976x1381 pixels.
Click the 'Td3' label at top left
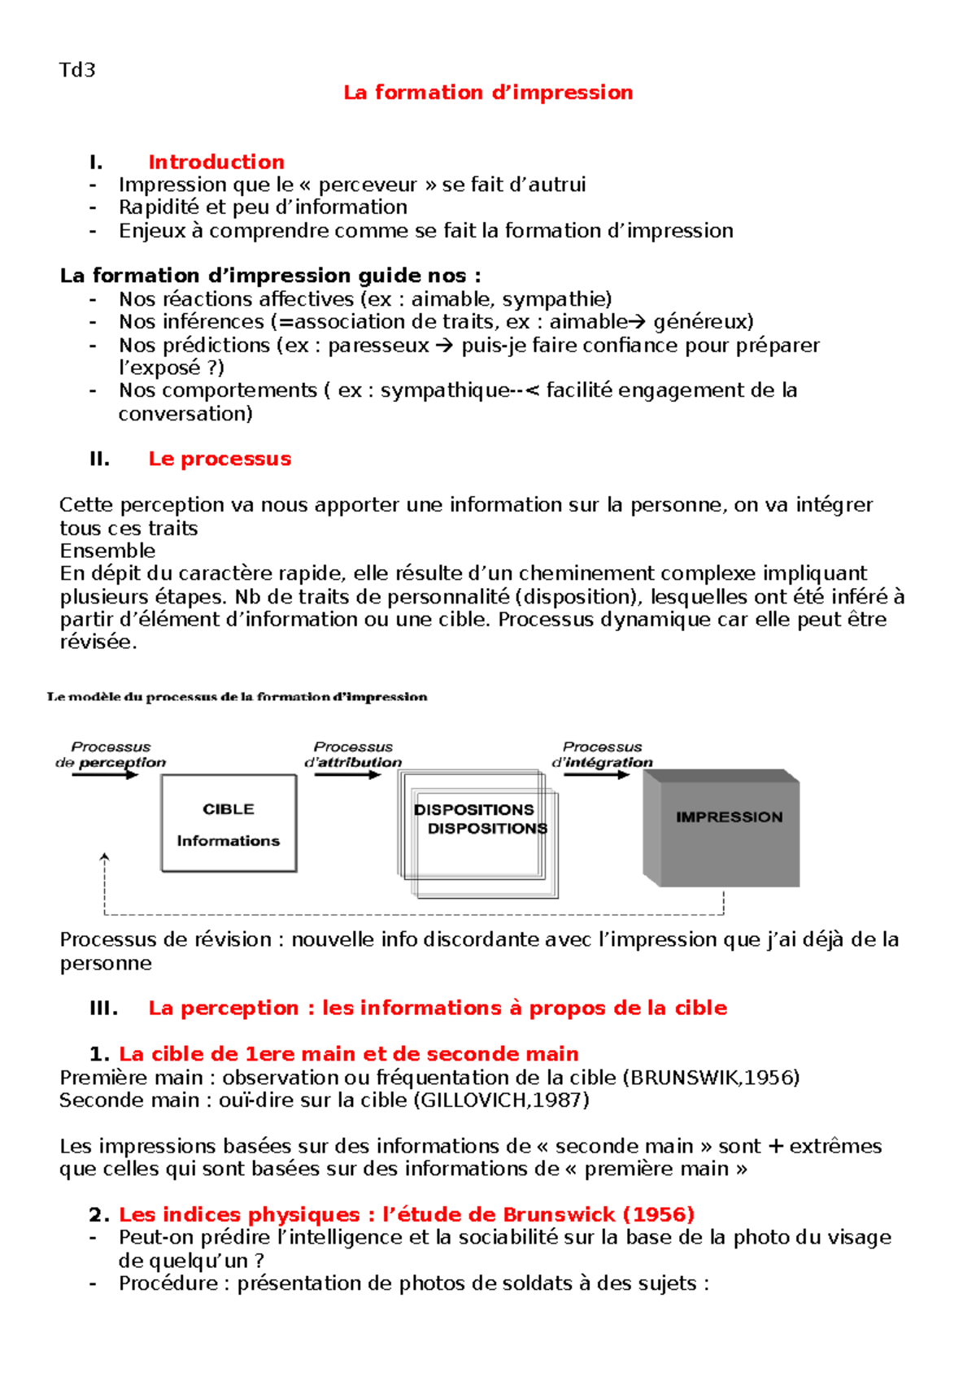click(x=77, y=70)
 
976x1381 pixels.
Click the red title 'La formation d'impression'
click(x=488, y=93)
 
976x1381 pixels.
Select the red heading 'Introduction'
click(x=216, y=162)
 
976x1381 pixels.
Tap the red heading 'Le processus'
click(x=220, y=459)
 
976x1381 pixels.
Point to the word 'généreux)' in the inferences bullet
click(x=704, y=322)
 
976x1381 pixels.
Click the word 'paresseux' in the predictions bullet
click(x=378, y=346)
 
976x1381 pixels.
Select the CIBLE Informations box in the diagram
click(x=229, y=823)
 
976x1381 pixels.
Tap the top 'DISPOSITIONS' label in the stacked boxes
click(x=473, y=809)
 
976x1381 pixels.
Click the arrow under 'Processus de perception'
click(x=106, y=775)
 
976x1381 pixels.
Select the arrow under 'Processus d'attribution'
click(x=347, y=775)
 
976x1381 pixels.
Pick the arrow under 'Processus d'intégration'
click(x=596, y=775)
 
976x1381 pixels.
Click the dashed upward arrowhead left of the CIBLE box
click(x=104, y=858)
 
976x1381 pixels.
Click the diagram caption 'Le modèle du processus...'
click(x=237, y=697)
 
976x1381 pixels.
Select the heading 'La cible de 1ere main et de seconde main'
click(x=349, y=1054)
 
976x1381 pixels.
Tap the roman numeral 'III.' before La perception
click(x=103, y=1009)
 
